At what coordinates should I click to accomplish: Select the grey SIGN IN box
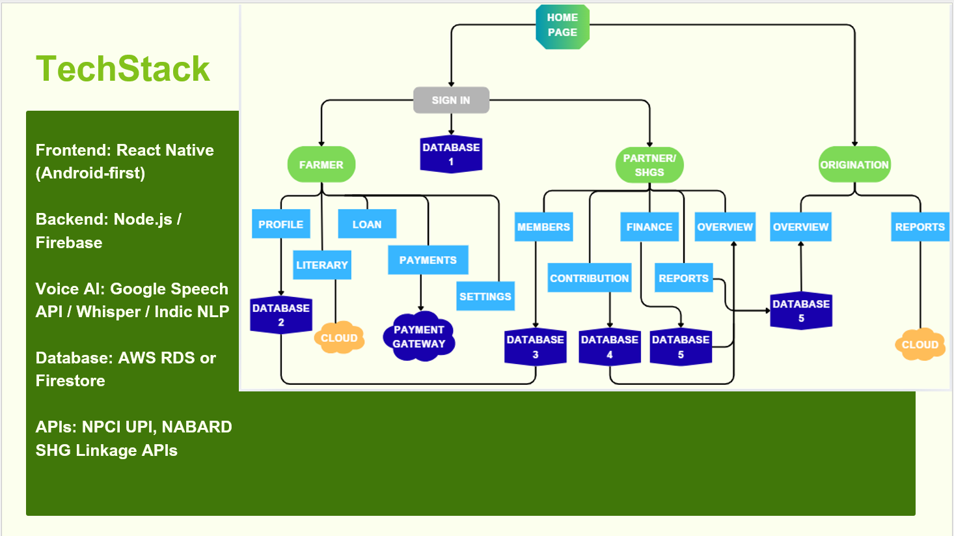(451, 100)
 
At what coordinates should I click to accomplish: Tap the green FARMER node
(321, 165)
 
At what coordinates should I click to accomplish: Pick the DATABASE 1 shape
(451, 154)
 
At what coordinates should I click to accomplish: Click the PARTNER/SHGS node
(649, 165)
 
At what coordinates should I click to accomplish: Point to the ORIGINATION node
(854, 165)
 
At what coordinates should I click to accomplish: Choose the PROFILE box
(280, 223)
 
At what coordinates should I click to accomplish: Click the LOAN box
(367, 223)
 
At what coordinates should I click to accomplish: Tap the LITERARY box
(322, 264)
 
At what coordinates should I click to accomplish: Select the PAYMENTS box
(428, 259)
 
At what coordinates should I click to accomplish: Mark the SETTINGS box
(485, 296)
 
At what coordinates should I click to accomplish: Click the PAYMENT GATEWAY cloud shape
(419, 337)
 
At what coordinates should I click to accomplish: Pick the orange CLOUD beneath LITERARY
(339, 337)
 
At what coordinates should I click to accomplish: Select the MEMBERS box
(543, 227)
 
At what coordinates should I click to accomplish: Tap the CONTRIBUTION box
(590, 278)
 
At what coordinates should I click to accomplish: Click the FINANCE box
(649, 227)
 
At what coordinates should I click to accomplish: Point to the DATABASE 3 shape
(536, 347)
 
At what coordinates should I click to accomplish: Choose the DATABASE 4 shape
(610, 347)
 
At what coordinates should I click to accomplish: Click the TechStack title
(123, 68)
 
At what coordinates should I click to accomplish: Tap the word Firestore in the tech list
(70, 380)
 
